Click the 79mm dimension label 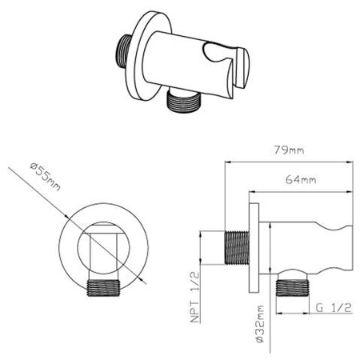click(289, 150)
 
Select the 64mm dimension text click(301, 180)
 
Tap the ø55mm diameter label click(46, 177)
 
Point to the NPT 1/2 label click(195, 298)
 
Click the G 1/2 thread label click(334, 308)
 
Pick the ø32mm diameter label click(259, 324)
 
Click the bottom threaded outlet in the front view click(103, 288)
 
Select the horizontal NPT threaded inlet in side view click(237, 247)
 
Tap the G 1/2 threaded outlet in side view click(293, 288)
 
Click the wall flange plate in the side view click(254, 248)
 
